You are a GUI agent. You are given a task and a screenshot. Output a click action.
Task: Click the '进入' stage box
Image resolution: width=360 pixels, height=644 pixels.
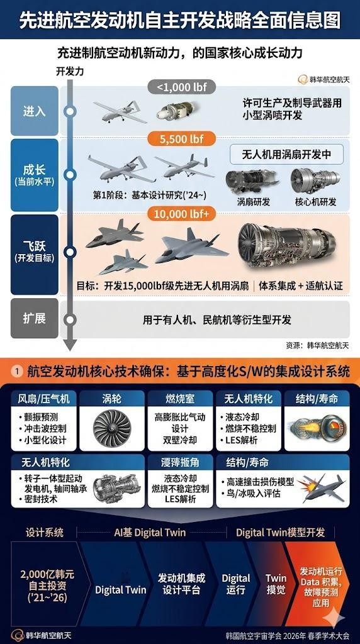35,111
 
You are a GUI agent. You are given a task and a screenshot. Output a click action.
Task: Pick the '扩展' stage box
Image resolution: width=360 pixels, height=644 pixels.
35,318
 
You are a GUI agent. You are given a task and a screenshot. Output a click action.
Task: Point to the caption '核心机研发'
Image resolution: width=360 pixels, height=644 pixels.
315,202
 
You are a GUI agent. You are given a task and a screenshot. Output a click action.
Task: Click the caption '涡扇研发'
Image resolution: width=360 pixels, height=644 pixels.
254,202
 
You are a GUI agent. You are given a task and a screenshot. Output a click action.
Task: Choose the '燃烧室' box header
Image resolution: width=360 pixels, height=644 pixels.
179,398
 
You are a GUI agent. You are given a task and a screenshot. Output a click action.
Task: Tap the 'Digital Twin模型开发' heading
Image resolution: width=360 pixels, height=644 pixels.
281,532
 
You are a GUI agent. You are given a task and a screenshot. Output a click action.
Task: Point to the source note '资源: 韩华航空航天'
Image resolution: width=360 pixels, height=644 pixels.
317,345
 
